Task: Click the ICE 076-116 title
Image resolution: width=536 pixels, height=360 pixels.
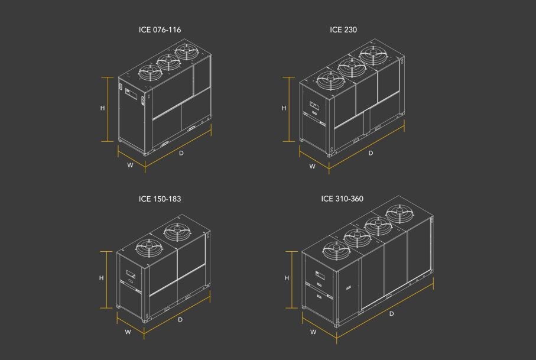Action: (160, 30)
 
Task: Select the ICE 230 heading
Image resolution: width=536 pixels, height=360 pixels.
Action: (343, 30)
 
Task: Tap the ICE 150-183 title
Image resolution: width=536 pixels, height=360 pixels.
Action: (160, 199)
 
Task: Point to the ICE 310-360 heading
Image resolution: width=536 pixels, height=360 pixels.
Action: (342, 199)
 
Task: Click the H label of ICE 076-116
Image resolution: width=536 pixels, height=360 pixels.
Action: (103, 108)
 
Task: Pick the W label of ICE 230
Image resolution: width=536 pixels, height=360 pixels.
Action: (312, 167)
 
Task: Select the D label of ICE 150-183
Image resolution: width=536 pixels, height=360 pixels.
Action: (180, 320)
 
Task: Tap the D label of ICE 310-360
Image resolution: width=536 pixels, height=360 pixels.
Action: (391, 313)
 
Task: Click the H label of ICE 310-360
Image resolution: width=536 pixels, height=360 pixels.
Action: (287, 278)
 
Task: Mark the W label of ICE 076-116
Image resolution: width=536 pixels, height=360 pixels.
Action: (130, 165)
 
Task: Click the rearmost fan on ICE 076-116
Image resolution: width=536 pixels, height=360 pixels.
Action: (187, 51)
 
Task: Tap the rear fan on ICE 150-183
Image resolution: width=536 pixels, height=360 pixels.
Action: (177, 232)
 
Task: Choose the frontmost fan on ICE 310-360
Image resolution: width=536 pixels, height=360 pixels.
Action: (336, 250)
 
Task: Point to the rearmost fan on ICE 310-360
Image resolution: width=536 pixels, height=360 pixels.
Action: (400, 213)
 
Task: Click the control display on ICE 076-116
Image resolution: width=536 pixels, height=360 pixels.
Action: (131, 94)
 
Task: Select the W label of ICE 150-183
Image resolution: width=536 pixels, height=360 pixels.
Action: (128, 332)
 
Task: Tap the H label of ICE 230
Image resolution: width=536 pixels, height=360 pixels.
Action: (284, 108)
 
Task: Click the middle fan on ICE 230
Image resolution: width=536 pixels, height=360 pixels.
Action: (352, 67)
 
